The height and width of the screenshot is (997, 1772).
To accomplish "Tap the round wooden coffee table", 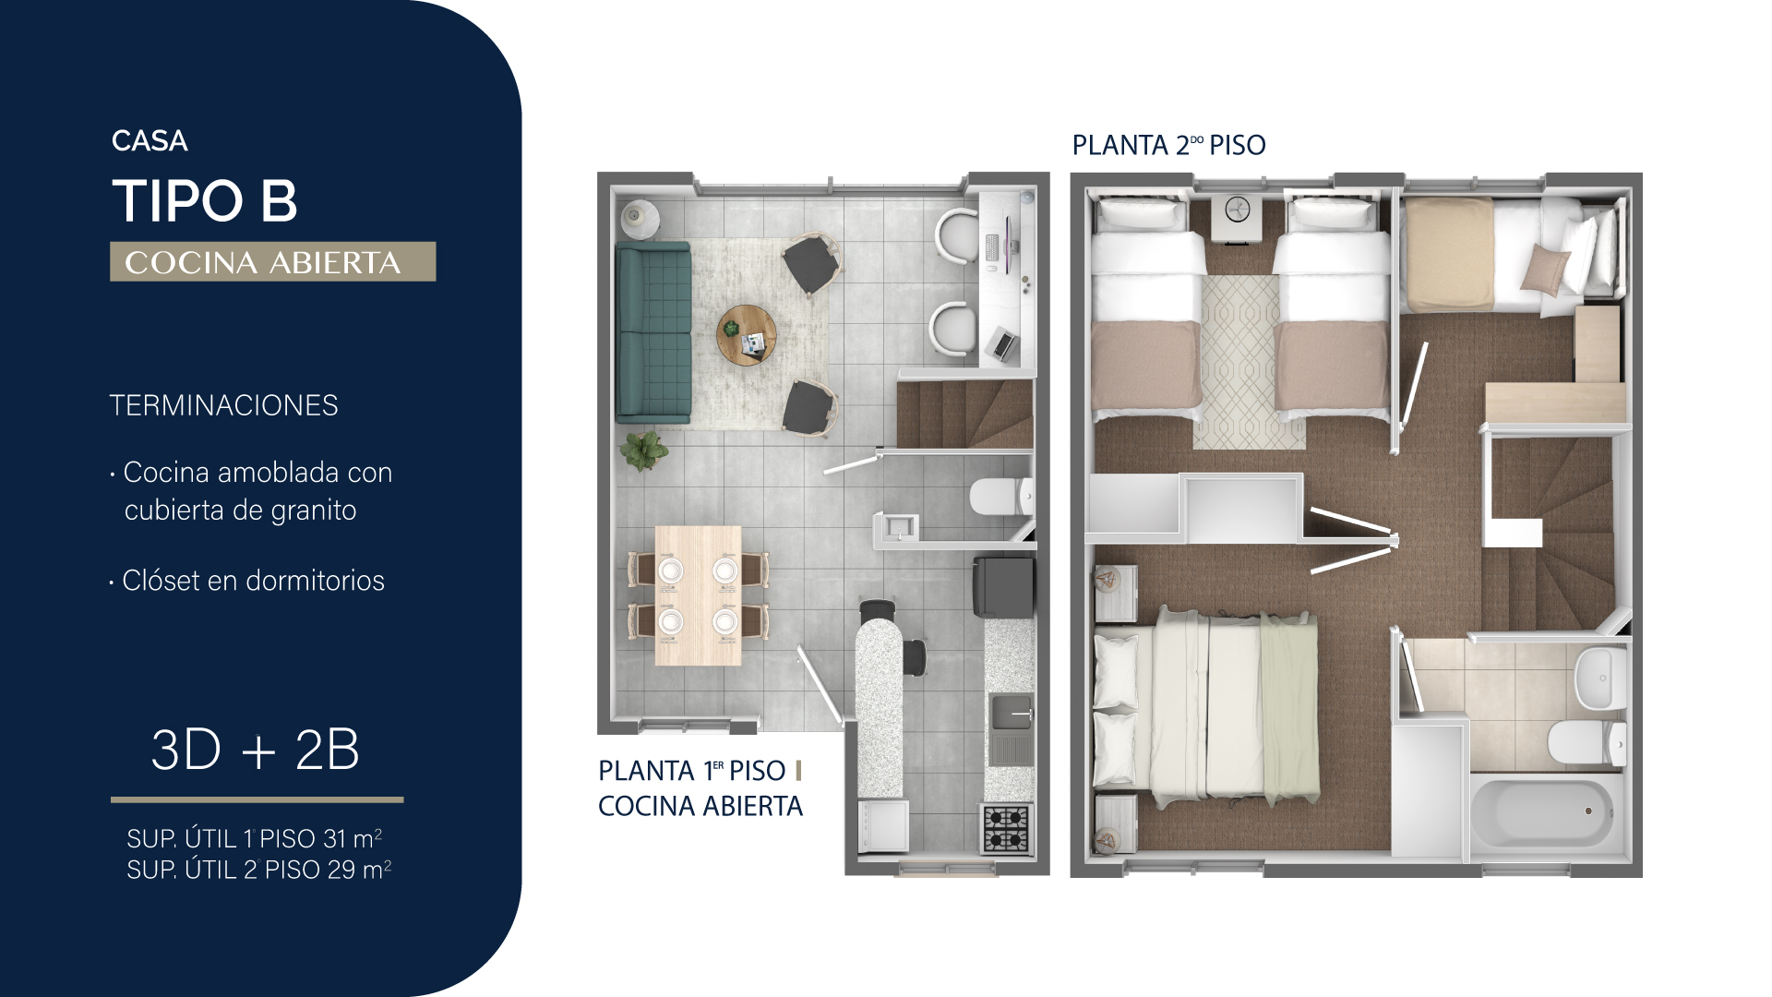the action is tap(747, 335).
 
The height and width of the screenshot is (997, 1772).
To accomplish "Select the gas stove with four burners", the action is tap(1006, 828).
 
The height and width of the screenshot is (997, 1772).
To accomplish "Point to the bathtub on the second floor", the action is tap(1543, 812).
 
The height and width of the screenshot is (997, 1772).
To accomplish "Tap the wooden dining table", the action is tap(699, 595).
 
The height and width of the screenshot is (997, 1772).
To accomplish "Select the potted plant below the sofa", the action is tap(643, 450).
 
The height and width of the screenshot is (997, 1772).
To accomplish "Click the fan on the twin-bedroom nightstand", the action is tap(1237, 210).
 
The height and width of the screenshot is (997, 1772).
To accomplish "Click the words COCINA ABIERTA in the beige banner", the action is tap(263, 262).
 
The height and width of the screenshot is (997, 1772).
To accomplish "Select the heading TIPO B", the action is tap(205, 200).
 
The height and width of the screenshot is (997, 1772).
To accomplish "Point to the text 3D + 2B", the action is tap(255, 750).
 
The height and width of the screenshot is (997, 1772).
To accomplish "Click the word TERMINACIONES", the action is tap(224, 405).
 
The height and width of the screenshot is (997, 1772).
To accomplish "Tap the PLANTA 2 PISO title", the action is tap(1168, 145).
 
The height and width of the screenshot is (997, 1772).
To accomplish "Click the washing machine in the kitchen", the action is tap(883, 825).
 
